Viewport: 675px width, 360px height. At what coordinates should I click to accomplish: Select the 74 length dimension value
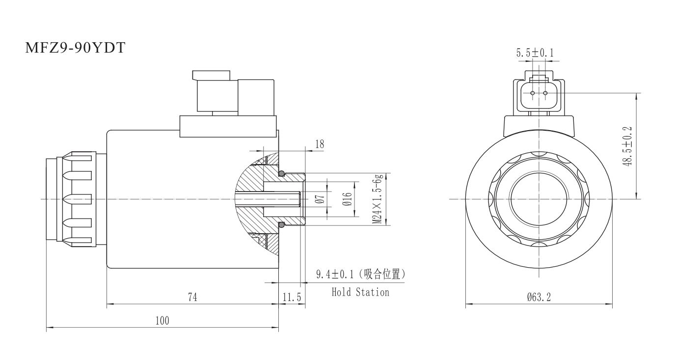tap(192, 297)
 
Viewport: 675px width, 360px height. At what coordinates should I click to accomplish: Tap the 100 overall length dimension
tap(162, 321)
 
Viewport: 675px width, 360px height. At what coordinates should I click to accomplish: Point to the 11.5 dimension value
tap(292, 297)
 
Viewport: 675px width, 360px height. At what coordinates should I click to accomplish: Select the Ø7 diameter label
tap(319, 199)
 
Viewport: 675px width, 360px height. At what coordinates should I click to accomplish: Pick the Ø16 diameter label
tap(347, 199)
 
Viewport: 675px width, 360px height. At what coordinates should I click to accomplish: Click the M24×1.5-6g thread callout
tap(377, 199)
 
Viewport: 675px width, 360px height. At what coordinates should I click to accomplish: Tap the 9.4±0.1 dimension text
tap(337, 274)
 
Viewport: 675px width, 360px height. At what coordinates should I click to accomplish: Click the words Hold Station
tap(360, 292)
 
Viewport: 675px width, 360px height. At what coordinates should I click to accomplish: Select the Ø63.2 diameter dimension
tap(539, 297)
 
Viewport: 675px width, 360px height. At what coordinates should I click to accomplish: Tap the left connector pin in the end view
tap(533, 93)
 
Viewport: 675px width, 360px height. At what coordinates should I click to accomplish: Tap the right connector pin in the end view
tap(545, 93)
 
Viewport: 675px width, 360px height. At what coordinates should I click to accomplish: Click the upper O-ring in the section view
tap(282, 173)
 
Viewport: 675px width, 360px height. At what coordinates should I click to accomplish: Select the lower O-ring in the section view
tap(282, 225)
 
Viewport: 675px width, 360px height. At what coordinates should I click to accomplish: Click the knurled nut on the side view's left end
tap(76, 199)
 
